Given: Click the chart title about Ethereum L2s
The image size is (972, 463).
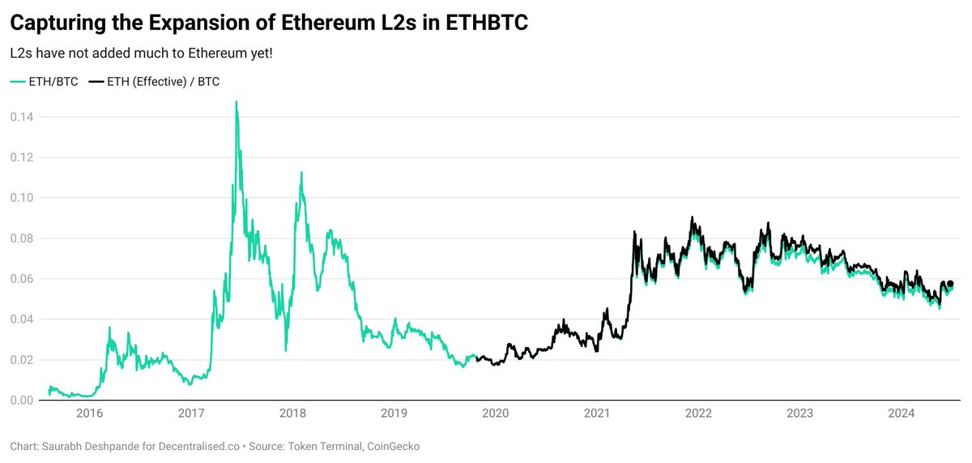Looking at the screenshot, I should [x=269, y=23].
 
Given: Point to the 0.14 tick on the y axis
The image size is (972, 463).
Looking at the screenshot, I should [x=22, y=117].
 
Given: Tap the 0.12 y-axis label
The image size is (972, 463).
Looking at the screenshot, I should [x=22, y=157].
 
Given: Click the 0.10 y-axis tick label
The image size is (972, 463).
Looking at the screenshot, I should [x=22, y=198].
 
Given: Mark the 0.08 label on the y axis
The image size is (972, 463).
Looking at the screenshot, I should [x=22, y=238].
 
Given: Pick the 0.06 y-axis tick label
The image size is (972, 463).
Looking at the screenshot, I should [x=22, y=279].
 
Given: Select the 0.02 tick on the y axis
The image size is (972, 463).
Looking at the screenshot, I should [x=22, y=360].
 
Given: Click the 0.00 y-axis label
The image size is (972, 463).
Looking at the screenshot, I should [x=22, y=401].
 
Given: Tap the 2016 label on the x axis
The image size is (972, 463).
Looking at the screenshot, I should [x=89, y=414].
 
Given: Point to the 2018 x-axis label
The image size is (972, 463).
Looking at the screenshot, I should [x=292, y=414].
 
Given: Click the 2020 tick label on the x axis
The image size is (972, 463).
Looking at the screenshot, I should [x=495, y=414].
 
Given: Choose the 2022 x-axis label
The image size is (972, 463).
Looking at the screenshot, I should [x=698, y=414].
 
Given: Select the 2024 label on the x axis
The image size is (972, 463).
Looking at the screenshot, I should [x=902, y=414].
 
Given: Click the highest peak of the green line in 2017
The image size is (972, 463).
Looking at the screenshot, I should [x=236, y=103].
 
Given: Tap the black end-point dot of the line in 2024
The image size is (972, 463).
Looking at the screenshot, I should [x=950, y=284].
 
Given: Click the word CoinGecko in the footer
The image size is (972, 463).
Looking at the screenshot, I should [x=392, y=447].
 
